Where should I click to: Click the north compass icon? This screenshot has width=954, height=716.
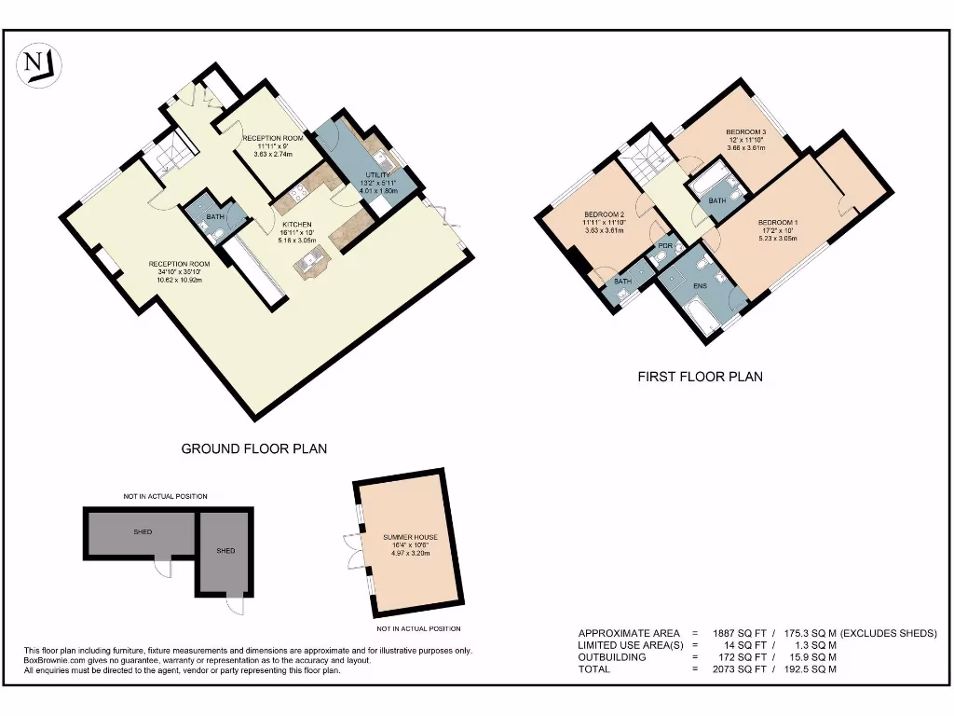pyautogui.click(x=40, y=65)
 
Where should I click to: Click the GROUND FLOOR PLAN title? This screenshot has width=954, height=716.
pyautogui.click(x=253, y=448)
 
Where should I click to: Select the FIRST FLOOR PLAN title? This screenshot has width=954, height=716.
pyautogui.click(x=700, y=377)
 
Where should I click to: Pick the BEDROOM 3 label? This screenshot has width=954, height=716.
pyautogui.click(x=745, y=132)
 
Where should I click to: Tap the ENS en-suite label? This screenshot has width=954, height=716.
pyautogui.click(x=699, y=286)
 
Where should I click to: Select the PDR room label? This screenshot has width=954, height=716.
pyautogui.click(x=664, y=246)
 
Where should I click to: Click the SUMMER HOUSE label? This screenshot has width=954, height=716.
pyautogui.click(x=410, y=538)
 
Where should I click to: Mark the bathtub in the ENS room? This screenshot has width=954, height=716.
pyautogui.click(x=700, y=314)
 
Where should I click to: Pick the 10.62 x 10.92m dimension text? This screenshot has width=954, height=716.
pyautogui.click(x=179, y=279)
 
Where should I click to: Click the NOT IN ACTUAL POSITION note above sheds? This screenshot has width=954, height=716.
pyautogui.click(x=165, y=496)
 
